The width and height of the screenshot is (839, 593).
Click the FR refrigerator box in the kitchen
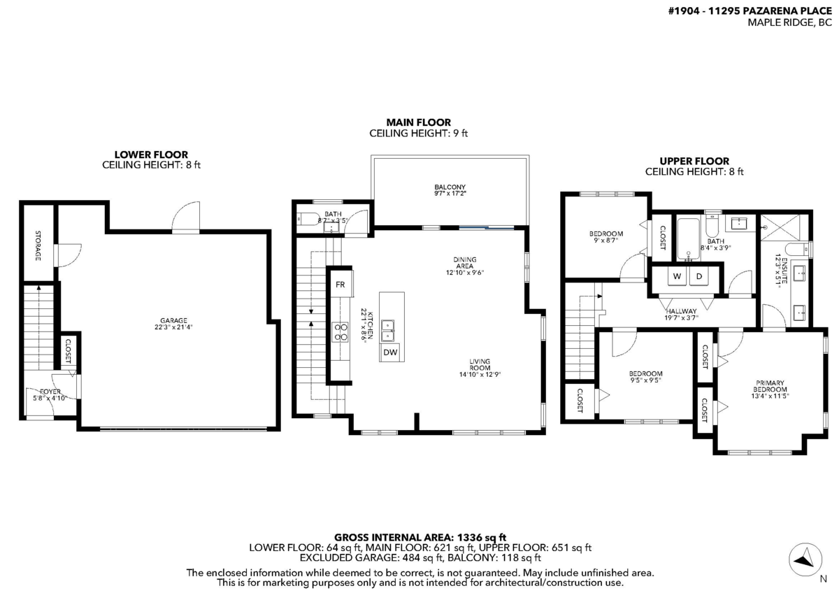[340, 285]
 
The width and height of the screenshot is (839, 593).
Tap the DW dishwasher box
[390, 352]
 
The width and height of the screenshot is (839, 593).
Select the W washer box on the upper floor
[677, 277]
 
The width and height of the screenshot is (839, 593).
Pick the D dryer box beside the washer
[698, 277]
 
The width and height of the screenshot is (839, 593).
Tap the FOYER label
[50, 392]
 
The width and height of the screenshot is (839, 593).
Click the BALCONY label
[450, 187]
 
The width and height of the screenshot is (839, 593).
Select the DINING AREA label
[464, 262]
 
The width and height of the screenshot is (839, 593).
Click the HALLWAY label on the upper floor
[681, 310]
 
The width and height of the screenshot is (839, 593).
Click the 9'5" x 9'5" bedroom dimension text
[645, 381]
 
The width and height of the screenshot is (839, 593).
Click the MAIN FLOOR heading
[418, 122]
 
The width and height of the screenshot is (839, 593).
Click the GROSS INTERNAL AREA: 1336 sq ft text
[419, 536]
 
